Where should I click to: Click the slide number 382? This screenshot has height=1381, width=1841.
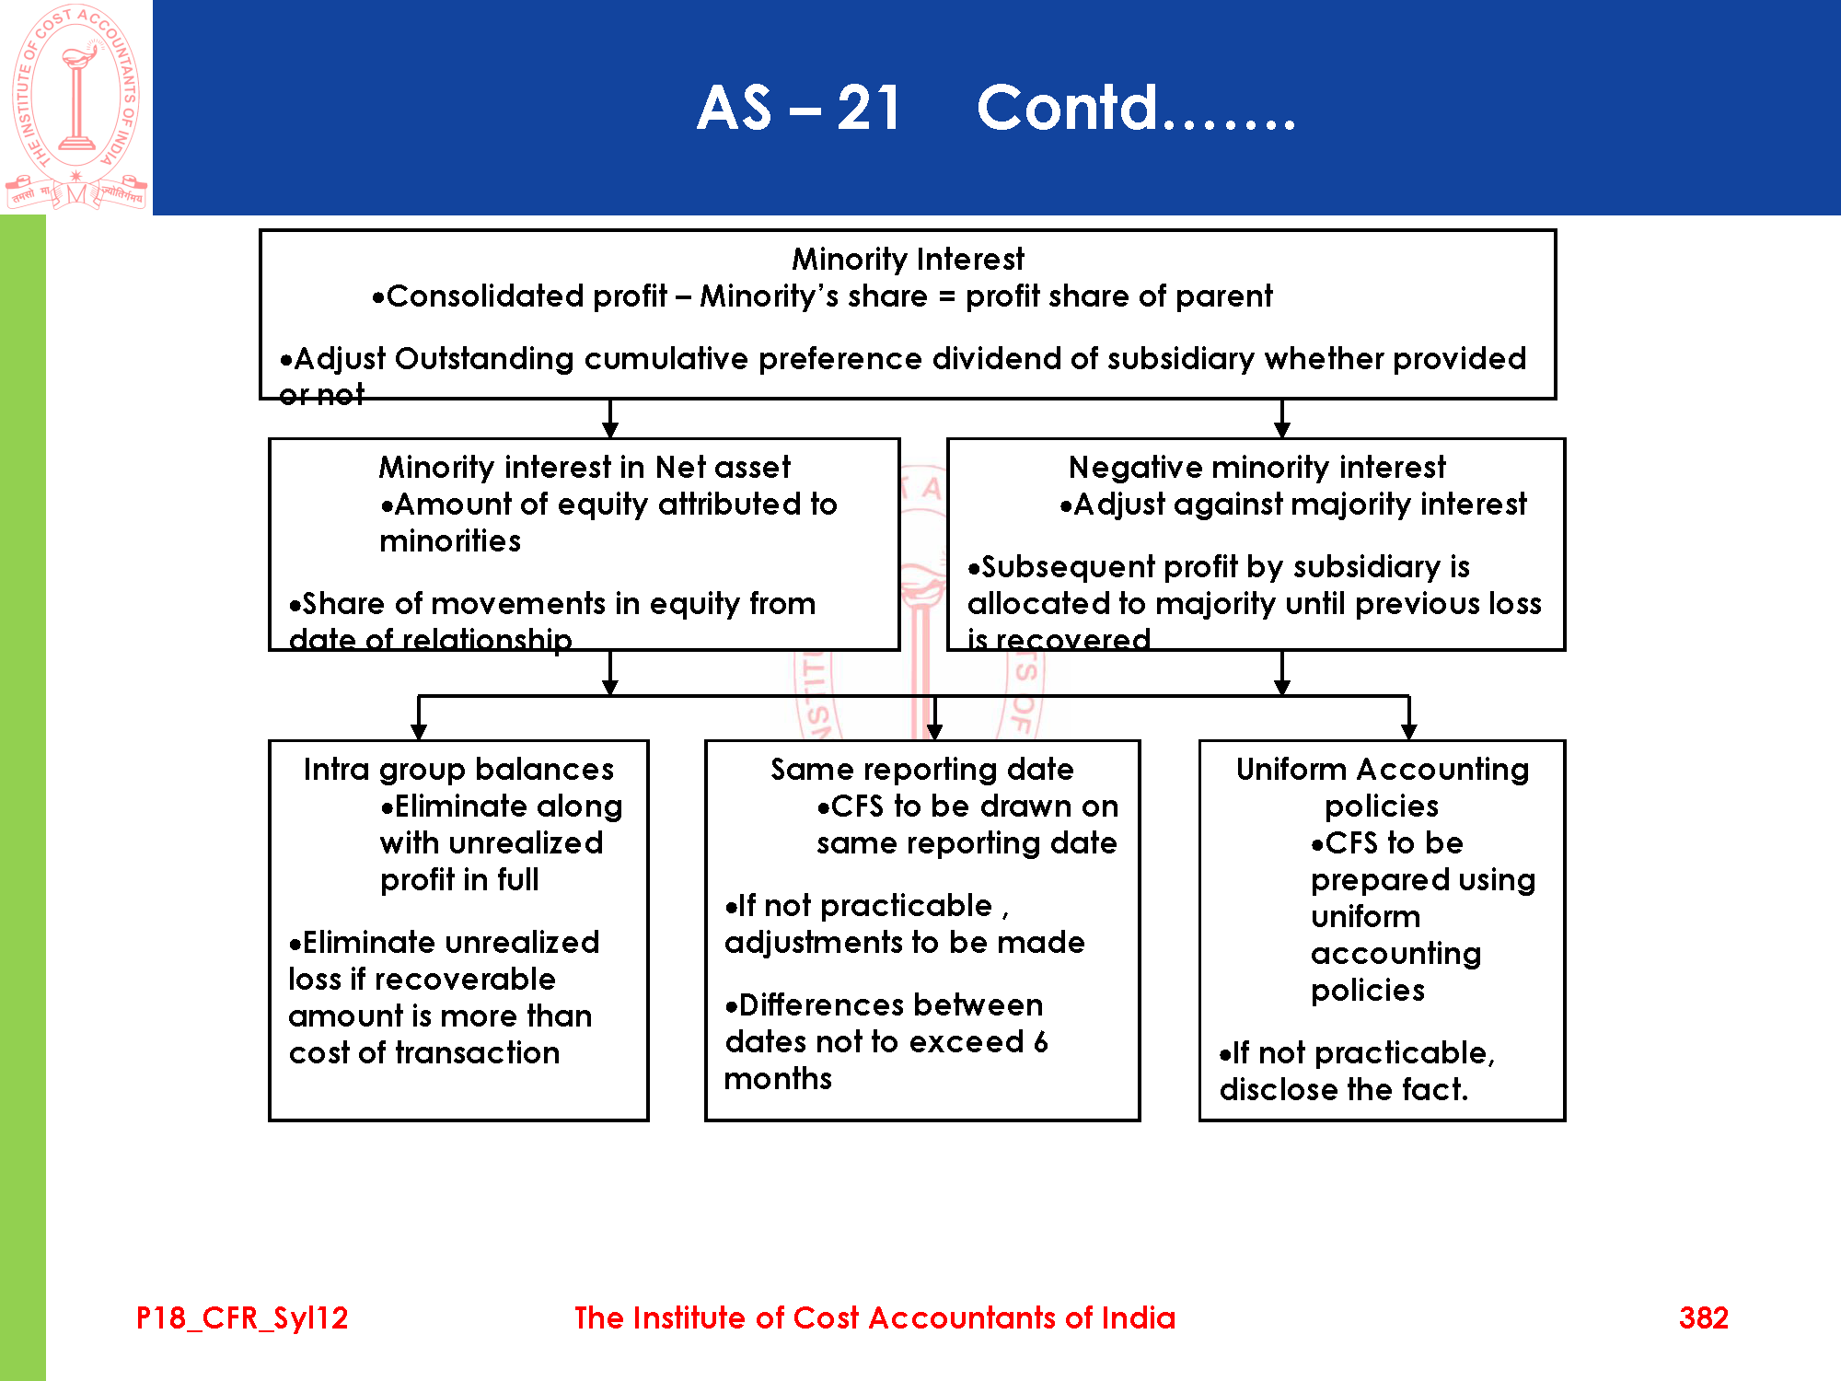click(x=1703, y=1317)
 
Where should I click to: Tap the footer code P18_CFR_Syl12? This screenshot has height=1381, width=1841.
click(x=242, y=1317)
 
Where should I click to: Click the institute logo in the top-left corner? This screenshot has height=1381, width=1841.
click(x=76, y=106)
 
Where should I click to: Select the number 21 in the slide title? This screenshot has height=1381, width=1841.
click(x=868, y=108)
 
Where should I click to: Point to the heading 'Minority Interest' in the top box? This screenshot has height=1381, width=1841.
click(x=908, y=259)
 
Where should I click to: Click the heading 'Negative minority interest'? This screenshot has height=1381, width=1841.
click(x=1256, y=467)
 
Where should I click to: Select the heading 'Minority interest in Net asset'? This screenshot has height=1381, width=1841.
click(x=585, y=467)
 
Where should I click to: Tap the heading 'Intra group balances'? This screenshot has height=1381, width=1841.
click(x=458, y=769)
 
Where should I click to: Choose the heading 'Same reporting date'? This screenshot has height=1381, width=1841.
click(x=922, y=769)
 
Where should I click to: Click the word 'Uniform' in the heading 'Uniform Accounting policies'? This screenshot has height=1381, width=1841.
click(x=1291, y=769)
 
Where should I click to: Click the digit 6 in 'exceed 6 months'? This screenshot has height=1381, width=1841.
click(x=1040, y=1041)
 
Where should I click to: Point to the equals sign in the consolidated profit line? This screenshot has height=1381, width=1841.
click(x=946, y=296)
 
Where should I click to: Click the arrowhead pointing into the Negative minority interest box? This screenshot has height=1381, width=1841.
click(x=1282, y=430)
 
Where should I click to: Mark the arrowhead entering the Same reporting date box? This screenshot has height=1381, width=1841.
click(x=934, y=732)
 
